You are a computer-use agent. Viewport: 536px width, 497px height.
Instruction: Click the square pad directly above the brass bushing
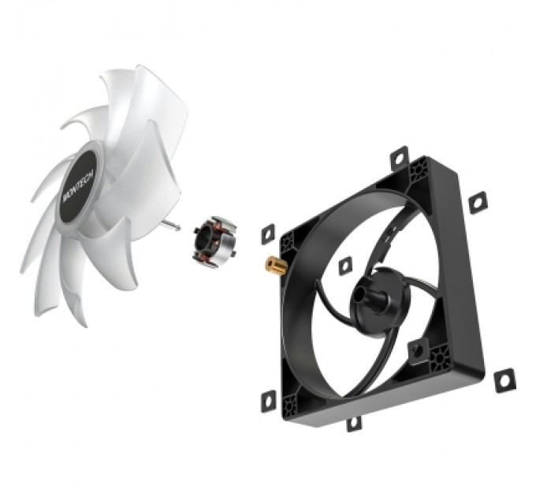pyautogui.click(x=267, y=232)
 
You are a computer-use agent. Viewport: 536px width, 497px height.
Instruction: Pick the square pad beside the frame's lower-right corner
pyautogui.click(x=501, y=382)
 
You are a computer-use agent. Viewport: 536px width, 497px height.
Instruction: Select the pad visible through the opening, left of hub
pyautogui.click(x=344, y=267)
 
